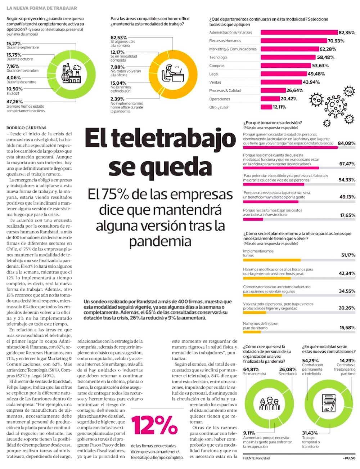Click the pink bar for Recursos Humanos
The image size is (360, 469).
pos(293,41)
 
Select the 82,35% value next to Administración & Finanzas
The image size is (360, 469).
pos(347,32)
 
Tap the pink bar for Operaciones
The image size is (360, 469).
pos(270,99)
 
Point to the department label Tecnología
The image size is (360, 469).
pos(218,57)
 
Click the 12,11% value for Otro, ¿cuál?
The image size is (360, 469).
pos(279,107)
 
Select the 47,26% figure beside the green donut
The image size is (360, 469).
pos(14,102)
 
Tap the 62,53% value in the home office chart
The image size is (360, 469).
pos(119,37)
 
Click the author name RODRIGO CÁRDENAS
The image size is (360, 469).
pos(26,128)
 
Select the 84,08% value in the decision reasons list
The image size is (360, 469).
pos(346,143)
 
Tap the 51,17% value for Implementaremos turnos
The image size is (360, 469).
pos(347,255)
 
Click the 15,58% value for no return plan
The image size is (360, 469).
pos(347,327)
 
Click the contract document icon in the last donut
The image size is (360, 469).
pos(329,406)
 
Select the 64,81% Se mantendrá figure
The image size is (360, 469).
pos(251,369)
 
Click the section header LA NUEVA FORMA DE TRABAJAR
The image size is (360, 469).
pos(42,8)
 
